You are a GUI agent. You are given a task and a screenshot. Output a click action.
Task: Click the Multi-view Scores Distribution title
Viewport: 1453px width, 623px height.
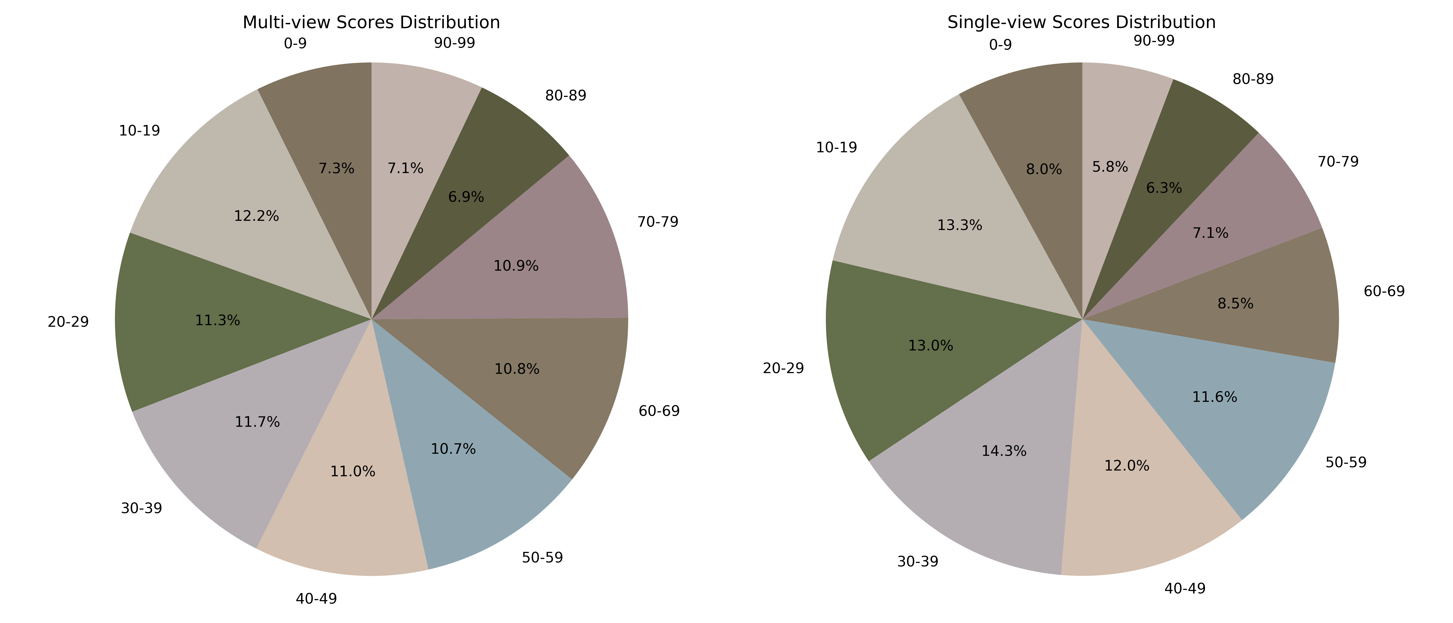(371, 22)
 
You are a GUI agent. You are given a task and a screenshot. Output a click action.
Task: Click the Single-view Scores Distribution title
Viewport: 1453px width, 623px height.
(1081, 22)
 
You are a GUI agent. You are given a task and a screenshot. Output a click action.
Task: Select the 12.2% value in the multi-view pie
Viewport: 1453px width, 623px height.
(257, 216)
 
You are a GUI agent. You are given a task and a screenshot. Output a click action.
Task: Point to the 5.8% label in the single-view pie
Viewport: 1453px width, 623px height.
(1110, 167)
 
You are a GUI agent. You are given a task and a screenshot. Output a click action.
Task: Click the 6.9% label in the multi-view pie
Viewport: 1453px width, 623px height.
(466, 197)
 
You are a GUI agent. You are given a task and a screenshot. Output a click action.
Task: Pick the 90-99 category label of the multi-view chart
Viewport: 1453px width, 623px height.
(455, 43)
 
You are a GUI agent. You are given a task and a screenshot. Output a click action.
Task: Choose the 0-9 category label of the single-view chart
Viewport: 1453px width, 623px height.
(1001, 45)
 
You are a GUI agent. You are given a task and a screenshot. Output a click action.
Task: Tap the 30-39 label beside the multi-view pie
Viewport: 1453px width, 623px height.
(141, 508)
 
